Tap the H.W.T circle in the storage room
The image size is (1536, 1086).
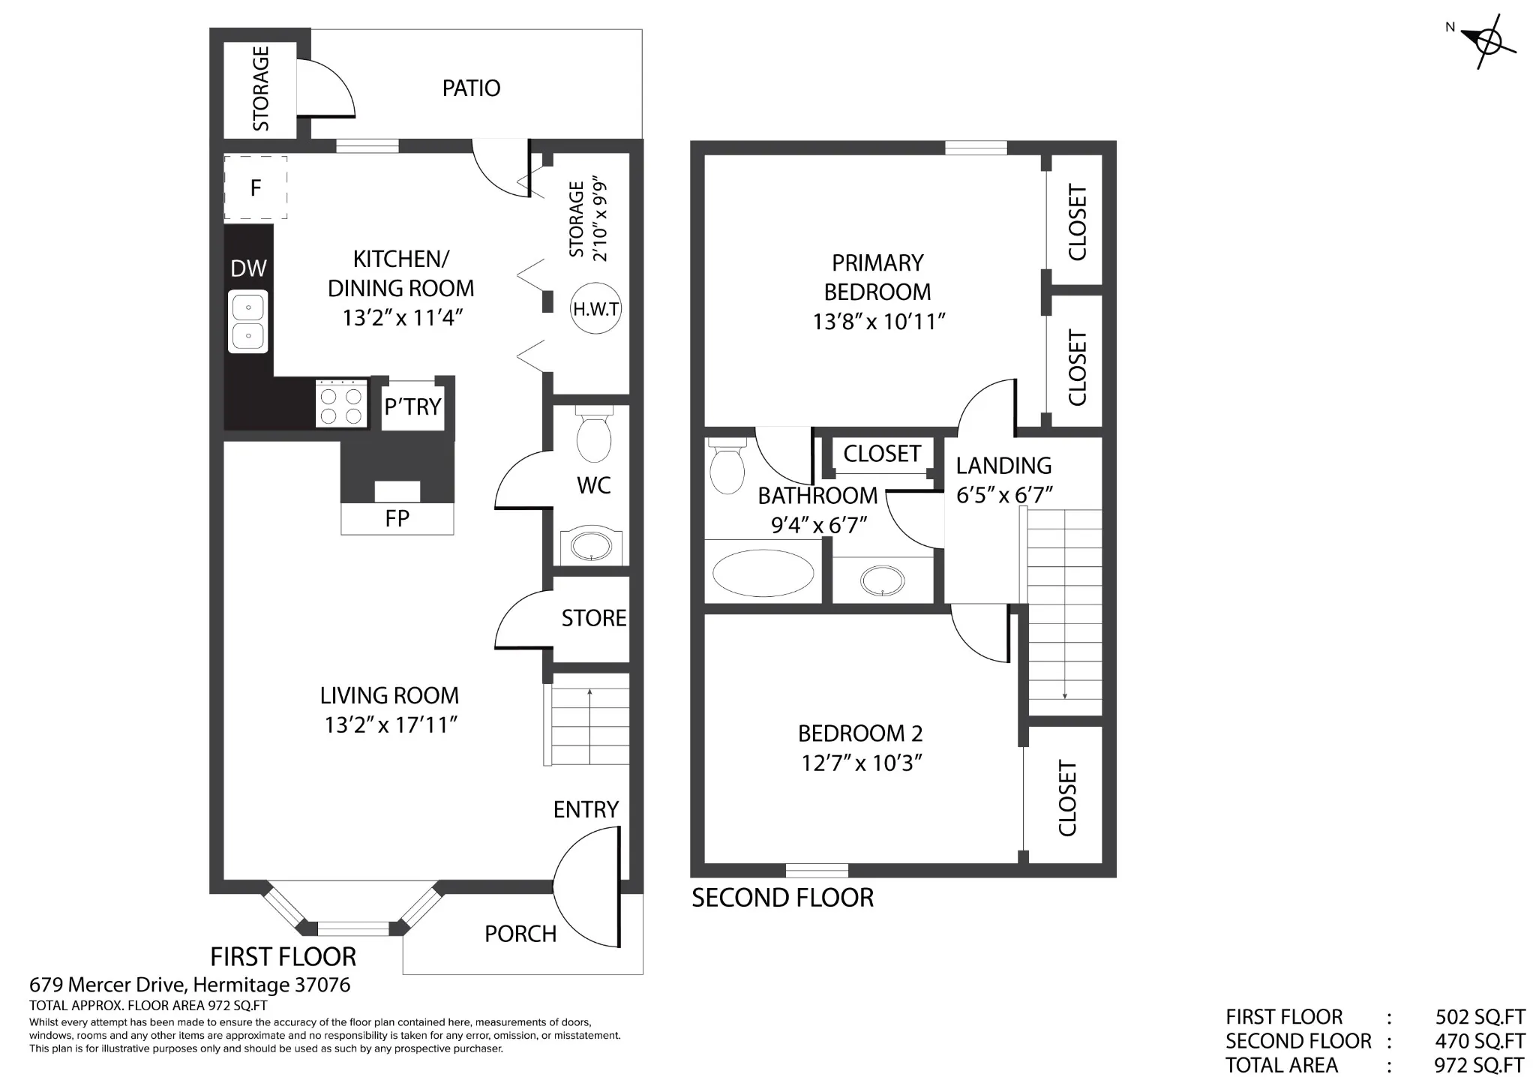(x=596, y=308)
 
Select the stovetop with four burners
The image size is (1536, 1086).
(x=341, y=403)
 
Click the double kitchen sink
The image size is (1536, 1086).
(x=248, y=322)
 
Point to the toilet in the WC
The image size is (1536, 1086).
(x=594, y=434)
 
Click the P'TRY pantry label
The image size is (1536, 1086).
(x=412, y=407)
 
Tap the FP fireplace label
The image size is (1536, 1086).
(x=397, y=518)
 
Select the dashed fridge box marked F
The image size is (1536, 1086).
(x=256, y=187)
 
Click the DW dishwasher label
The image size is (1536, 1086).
(x=248, y=268)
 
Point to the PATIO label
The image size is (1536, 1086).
(x=471, y=88)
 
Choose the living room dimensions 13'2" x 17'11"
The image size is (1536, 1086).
(x=391, y=725)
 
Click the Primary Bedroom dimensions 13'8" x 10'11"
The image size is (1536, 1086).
(x=878, y=322)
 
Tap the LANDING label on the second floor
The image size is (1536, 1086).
(x=1003, y=466)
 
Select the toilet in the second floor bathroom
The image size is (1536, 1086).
(x=726, y=466)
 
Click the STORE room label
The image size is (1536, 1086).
(x=594, y=618)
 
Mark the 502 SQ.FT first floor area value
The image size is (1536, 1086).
(x=1480, y=1017)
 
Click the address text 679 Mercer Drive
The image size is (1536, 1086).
(x=108, y=985)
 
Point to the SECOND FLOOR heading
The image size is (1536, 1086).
(x=782, y=898)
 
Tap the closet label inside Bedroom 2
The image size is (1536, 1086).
(x=1067, y=798)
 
